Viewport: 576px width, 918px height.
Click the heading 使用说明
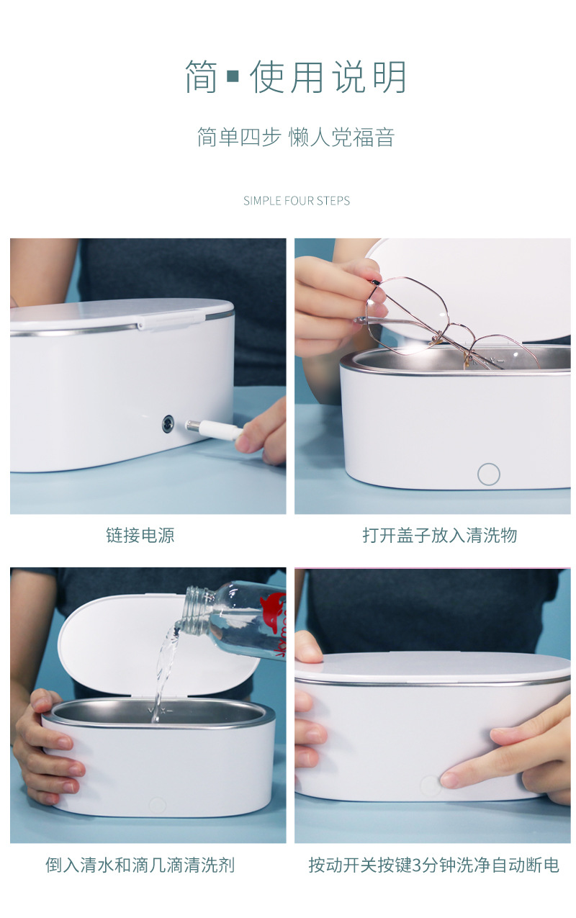328,78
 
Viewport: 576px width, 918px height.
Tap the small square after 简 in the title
233,76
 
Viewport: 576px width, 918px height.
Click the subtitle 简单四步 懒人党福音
296,137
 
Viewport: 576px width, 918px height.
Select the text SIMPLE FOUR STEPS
297,201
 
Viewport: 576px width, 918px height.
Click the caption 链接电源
140,535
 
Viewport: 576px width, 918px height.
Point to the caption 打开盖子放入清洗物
439,535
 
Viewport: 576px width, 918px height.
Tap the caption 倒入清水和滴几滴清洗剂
140,865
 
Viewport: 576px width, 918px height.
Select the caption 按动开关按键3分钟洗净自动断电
433,865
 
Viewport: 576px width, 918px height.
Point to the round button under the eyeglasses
489,474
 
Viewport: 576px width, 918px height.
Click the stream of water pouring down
163,666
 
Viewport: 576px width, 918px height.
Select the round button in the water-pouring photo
157,805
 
